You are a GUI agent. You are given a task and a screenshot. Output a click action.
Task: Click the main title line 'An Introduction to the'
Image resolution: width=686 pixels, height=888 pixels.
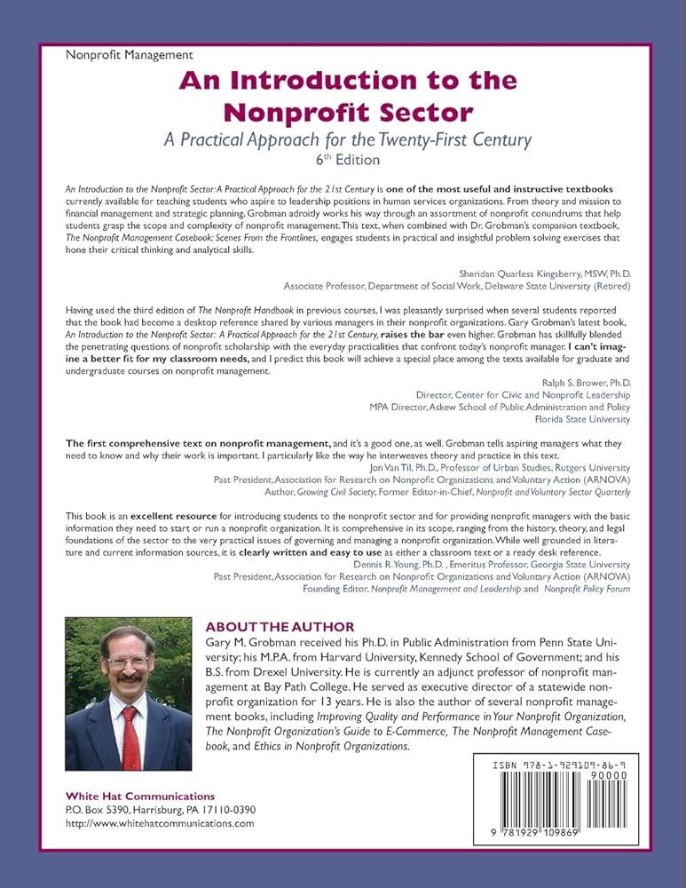tap(343, 81)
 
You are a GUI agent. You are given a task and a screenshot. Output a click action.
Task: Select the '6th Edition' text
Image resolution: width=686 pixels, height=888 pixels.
tap(343, 160)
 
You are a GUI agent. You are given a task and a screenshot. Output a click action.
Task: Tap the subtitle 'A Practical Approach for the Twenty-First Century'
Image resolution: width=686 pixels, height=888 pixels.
tap(343, 139)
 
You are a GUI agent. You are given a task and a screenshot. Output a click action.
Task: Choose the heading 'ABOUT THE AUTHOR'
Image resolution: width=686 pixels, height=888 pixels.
tap(280, 626)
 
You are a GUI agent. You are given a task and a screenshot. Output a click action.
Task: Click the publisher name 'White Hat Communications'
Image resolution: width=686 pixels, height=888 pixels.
tap(140, 796)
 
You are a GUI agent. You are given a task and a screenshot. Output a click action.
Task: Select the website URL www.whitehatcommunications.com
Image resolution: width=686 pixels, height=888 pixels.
tap(160, 823)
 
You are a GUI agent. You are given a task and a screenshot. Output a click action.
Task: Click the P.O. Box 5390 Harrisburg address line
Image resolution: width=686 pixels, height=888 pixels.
tap(160, 810)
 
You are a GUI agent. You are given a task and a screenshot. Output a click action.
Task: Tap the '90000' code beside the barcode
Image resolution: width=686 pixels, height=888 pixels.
tap(611, 774)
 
